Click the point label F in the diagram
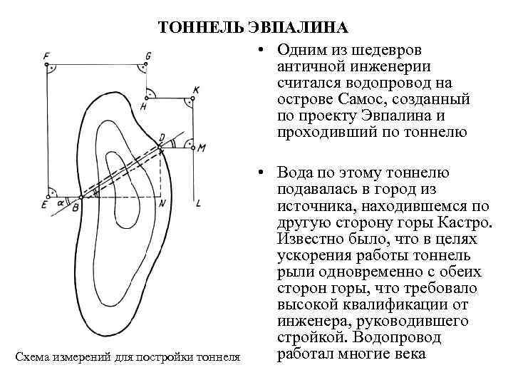(x=46, y=56)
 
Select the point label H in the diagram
(x=143, y=106)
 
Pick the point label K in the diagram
(x=196, y=90)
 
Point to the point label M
(x=202, y=148)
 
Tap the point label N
(x=162, y=204)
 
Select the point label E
(x=44, y=205)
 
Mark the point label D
(x=162, y=136)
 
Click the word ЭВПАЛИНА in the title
(x=299, y=28)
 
